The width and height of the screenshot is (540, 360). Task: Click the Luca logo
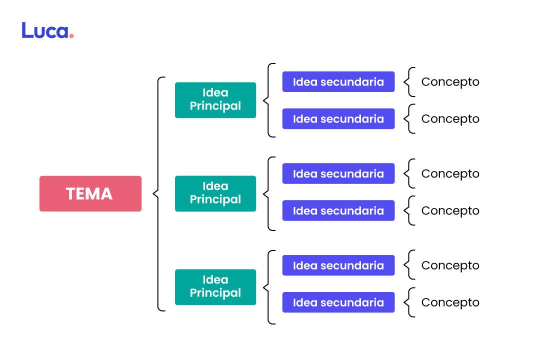(47, 31)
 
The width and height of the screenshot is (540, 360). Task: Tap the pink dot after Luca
(71, 36)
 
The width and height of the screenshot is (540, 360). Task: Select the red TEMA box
(90, 193)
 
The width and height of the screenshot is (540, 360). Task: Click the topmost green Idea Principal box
(215, 100)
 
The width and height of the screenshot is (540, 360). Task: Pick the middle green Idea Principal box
(215, 193)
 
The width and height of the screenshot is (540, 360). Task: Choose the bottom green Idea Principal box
(215, 287)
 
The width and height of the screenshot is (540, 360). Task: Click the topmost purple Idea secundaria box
(338, 81)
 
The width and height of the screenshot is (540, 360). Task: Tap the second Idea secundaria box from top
(338, 118)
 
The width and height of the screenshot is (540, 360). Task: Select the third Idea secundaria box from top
(338, 173)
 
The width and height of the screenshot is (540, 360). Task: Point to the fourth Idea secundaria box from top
(338, 210)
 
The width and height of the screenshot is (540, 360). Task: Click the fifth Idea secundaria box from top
(338, 265)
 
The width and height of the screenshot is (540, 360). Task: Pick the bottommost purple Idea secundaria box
(338, 302)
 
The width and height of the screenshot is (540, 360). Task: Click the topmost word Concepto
(450, 82)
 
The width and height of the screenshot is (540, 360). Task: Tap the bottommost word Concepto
(450, 303)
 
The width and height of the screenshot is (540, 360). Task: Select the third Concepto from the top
(450, 174)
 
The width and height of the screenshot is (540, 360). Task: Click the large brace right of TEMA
(158, 193)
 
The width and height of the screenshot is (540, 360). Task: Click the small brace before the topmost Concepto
(409, 81)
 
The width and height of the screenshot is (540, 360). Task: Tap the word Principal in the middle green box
(215, 199)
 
